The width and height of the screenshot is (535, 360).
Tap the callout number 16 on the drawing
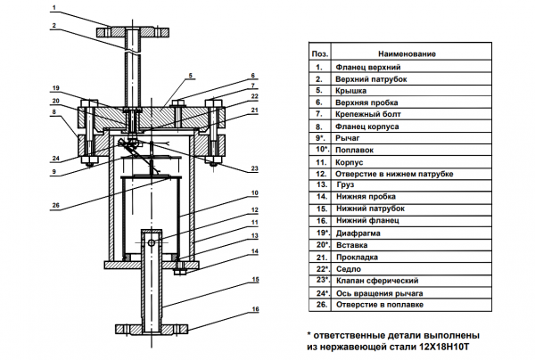[255, 308]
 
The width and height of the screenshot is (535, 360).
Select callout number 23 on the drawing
[255, 168]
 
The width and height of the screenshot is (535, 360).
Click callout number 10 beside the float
[255, 192]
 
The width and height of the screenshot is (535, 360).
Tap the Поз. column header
[319, 53]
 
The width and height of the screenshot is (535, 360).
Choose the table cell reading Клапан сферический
[377, 280]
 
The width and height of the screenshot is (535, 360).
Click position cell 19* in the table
[319, 229]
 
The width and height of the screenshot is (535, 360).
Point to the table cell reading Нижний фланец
[368, 217]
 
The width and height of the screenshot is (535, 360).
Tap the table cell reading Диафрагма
[361, 229]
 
